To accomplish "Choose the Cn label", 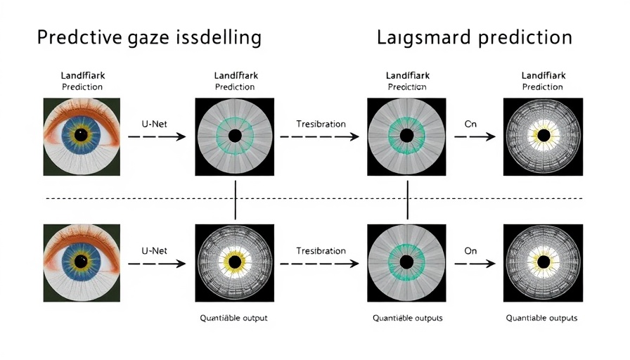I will coord(470,124).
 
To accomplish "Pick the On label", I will coord(470,250).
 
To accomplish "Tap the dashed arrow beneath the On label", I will coord(475,264).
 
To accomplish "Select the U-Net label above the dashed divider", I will coord(154,124).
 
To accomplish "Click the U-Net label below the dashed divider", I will coord(154,250).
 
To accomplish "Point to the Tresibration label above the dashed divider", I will coord(321,124).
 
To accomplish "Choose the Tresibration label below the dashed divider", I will coord(321,250).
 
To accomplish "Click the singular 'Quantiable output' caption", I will coord(234,318).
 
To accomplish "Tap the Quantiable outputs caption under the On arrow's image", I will coord(541,318).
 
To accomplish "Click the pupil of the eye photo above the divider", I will coord(82,136).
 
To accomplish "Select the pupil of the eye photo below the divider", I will coord(82,262).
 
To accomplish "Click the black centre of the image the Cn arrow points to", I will coord(543,135).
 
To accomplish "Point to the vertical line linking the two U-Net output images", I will coord(235,199).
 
